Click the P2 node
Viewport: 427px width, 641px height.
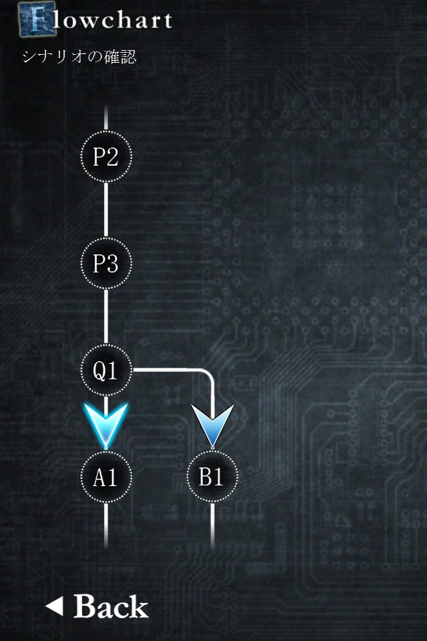[x=106, y=157]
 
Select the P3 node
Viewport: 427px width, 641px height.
[x=106, y=264]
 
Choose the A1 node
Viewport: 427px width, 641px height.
[x=106, y=477]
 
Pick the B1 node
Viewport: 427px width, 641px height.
[x=212, y=477]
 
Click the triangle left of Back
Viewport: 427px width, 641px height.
[x=55, y=606]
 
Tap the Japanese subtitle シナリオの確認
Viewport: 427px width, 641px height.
[x=79, y=57]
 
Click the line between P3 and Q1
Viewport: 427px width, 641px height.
[x=106, y=317]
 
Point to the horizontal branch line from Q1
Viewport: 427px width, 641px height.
[x=167, y=369]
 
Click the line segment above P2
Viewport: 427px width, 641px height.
[x=106, y=118]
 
